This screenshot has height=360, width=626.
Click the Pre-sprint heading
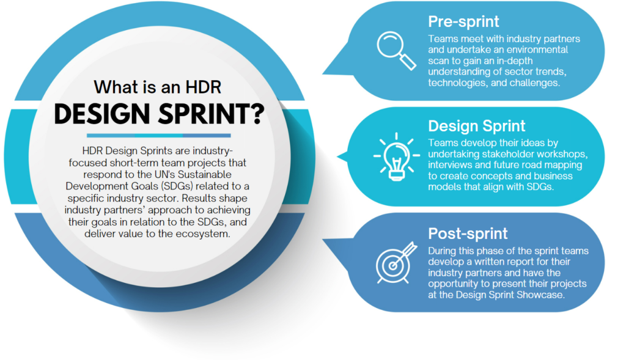coord(463,22)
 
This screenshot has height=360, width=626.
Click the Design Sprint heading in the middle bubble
coord(476,127)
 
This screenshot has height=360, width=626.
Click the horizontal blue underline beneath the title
coord(158,135)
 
